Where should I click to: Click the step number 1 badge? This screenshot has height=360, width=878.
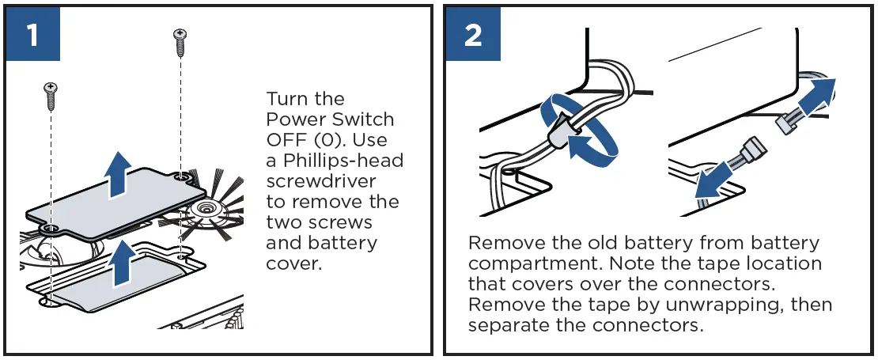point(32,34)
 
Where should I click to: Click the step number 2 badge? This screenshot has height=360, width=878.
point(472,34)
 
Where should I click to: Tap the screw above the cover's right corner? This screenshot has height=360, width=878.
point(180,42)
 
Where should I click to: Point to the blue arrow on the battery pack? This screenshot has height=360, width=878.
point(121,263)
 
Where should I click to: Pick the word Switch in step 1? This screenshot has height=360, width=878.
point(365,120)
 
